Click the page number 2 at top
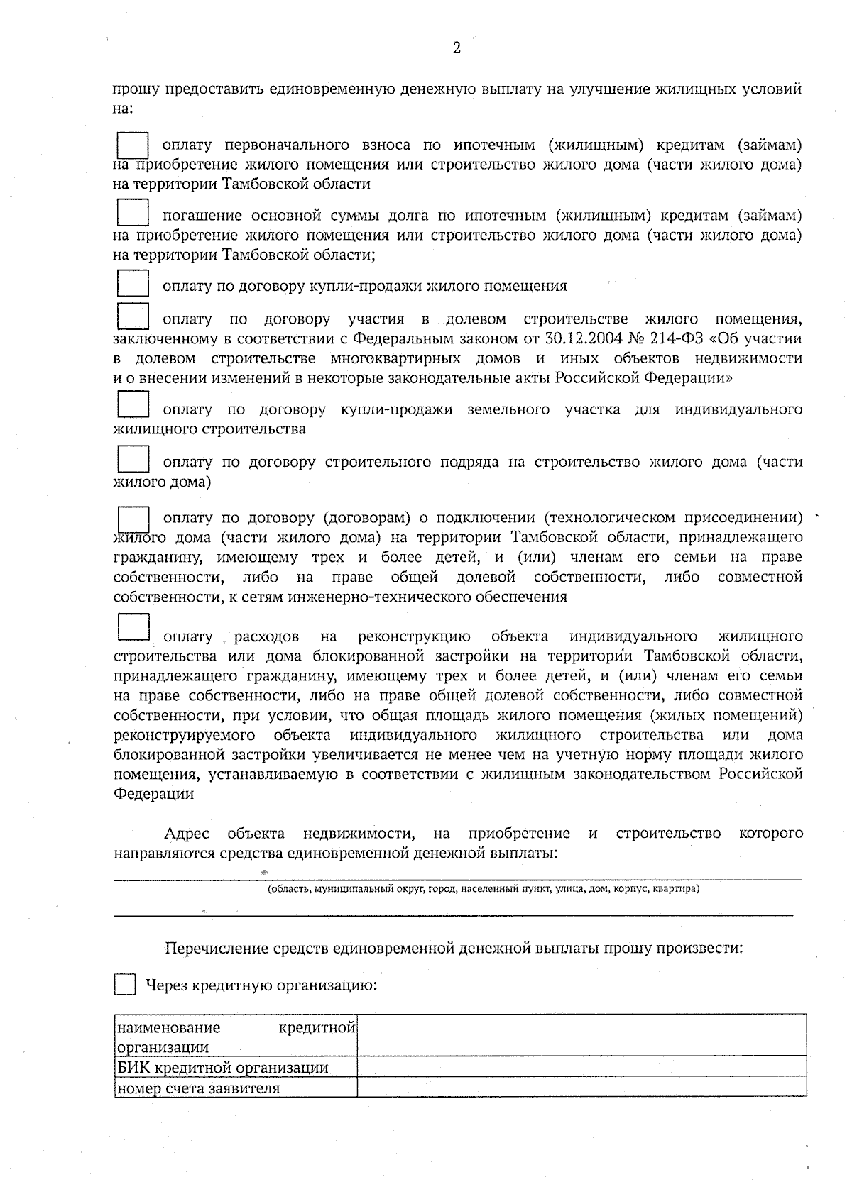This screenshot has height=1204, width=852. pyautogui.click(x=456, y=48)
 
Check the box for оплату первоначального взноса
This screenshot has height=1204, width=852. pyautogui.click(x=133, y=146)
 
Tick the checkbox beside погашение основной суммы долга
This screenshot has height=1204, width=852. pyautogui.click(x=133, y=215)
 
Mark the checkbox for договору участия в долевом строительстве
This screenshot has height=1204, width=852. pyautogui.click(x=133, y=316)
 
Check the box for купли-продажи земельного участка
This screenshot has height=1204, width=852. pyautogui.click(x=133, y=404)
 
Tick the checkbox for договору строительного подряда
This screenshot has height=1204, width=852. pyautogui.click(x=133, y=459)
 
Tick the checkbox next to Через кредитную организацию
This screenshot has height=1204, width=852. pyautogui.click(x=125, y=985)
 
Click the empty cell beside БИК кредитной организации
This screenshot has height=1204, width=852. pyautogui.click(x=581, y=1066)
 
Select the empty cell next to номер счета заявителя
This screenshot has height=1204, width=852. pyautogui.click(x=581, y=1087)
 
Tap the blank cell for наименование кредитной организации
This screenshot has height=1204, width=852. pyautogui.click(x=581, y=1035)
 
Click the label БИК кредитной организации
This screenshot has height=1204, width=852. pyautogui.click(x=223, y=1067)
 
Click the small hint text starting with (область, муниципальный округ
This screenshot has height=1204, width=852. pyautogui.click(x=483, y=888)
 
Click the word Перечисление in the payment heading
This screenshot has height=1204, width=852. pyautogui.click(x=210, y=948)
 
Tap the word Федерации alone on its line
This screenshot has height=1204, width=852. pyautogui.click(x=154, y=794)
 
